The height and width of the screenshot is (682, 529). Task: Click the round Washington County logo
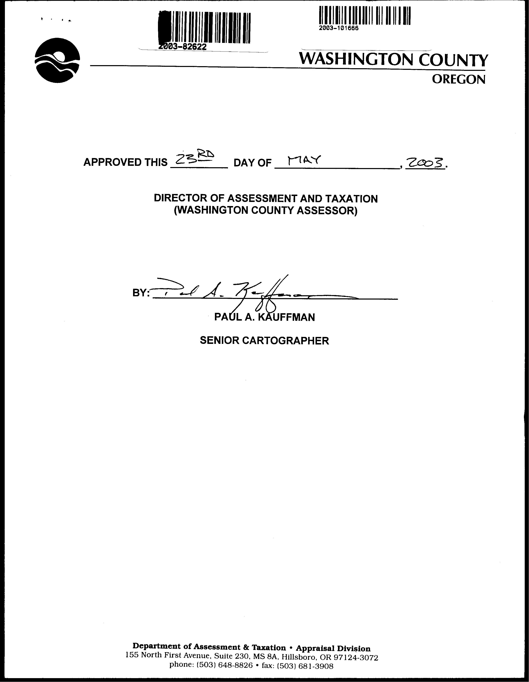coord(57,60)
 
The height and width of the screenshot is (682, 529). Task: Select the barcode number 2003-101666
coord(339,28)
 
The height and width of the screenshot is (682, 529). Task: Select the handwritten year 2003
coord(425,163)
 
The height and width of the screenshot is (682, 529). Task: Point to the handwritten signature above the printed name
coord(250,292)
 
